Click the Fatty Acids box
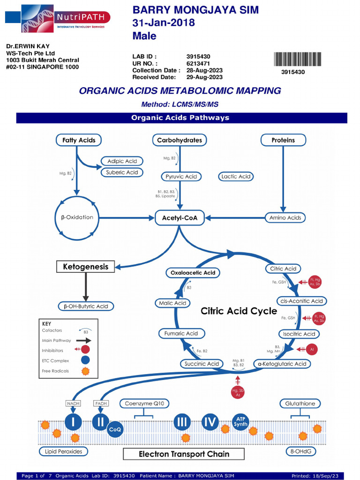tap(79, 140)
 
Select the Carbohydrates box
tap(180, 140)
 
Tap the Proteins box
tap(283, 140)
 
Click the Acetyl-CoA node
tap(180, 217)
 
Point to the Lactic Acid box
tap(236, 176)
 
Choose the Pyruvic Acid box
tap(181, 176)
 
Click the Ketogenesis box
tap(86, 267)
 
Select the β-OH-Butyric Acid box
tap(86, 306)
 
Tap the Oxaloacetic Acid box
tap(193, 272)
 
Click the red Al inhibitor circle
tap(312, 349)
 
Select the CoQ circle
tap(115, 429)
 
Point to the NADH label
tap(73, 403)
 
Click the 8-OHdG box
tap(301, 451)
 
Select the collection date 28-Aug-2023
tap(204, 70)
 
